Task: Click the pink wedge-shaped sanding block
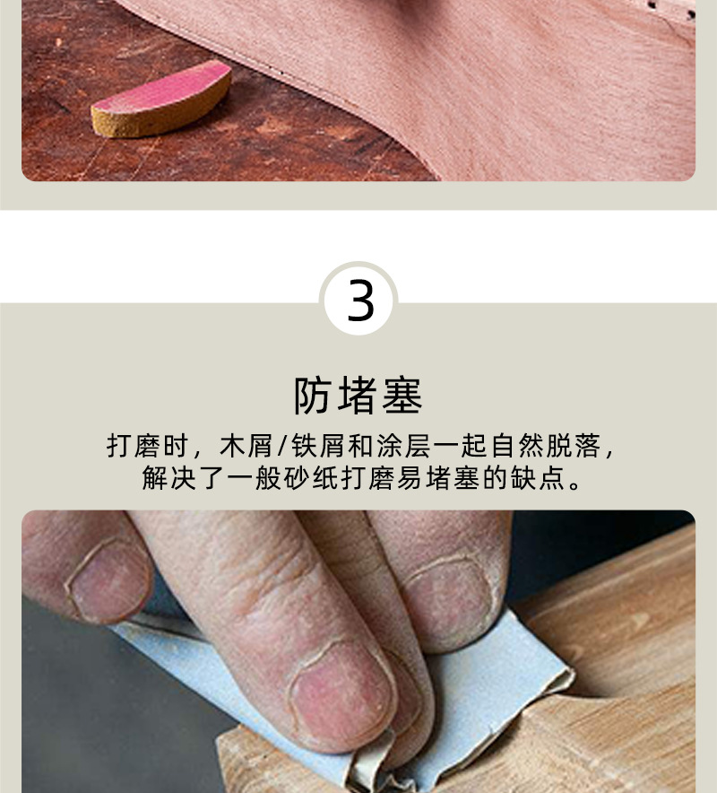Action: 162,99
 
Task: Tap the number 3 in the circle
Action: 359,301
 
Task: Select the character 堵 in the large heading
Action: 358,396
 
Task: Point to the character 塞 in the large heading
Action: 402,396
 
